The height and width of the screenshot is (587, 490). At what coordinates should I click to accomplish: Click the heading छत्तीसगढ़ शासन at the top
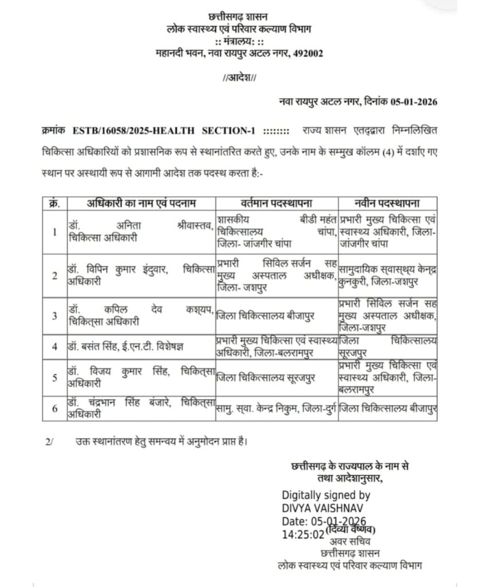[239, 18]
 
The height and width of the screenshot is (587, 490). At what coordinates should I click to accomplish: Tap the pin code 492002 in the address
[307, 54]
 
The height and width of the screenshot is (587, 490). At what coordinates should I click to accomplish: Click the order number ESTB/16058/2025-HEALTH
[132, 131]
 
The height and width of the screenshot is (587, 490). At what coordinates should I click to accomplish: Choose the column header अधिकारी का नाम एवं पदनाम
[140, 204]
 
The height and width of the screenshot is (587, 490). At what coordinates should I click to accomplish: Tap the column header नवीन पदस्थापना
[388, 204]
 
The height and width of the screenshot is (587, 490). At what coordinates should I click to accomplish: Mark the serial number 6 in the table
[54, 409]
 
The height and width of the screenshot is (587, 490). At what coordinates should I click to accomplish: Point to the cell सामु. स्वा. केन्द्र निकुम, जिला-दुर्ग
[274, 409]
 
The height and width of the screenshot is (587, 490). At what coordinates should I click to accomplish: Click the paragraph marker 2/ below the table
[49, 441]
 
